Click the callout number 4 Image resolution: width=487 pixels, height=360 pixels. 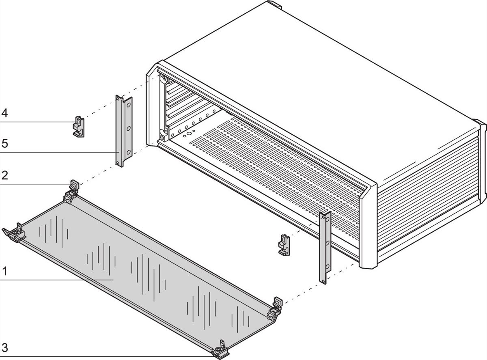[x=4, y=113]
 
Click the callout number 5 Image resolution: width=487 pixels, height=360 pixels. [x=4, y=144]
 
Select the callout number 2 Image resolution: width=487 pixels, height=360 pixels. [x=4, y=176]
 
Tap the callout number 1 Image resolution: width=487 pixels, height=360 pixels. [x=4, y=271]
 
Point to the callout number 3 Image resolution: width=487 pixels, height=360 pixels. [x=4, y=348]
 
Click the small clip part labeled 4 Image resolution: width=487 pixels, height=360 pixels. [x=78, y=127]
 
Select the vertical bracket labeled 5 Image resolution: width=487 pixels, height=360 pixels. [x=124, y=131]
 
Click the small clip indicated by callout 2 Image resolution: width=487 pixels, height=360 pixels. [x=74, y=185]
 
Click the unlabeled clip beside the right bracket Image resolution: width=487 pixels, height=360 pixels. [x=284, y=245]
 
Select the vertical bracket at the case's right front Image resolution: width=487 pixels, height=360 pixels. [x=325, y=248]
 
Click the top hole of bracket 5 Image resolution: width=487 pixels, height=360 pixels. [x=129, y=105]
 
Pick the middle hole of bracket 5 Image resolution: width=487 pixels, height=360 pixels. [x=129, y=129]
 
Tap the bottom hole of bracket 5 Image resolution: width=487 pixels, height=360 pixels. [x=129, y=152]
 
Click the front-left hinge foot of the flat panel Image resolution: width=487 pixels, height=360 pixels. [x=14, y=233]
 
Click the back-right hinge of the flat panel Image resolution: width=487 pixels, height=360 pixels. [x=274, y=309]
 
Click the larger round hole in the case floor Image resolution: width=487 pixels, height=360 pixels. [x=189, y=134]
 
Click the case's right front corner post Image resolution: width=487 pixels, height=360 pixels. [x=368, y=226]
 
